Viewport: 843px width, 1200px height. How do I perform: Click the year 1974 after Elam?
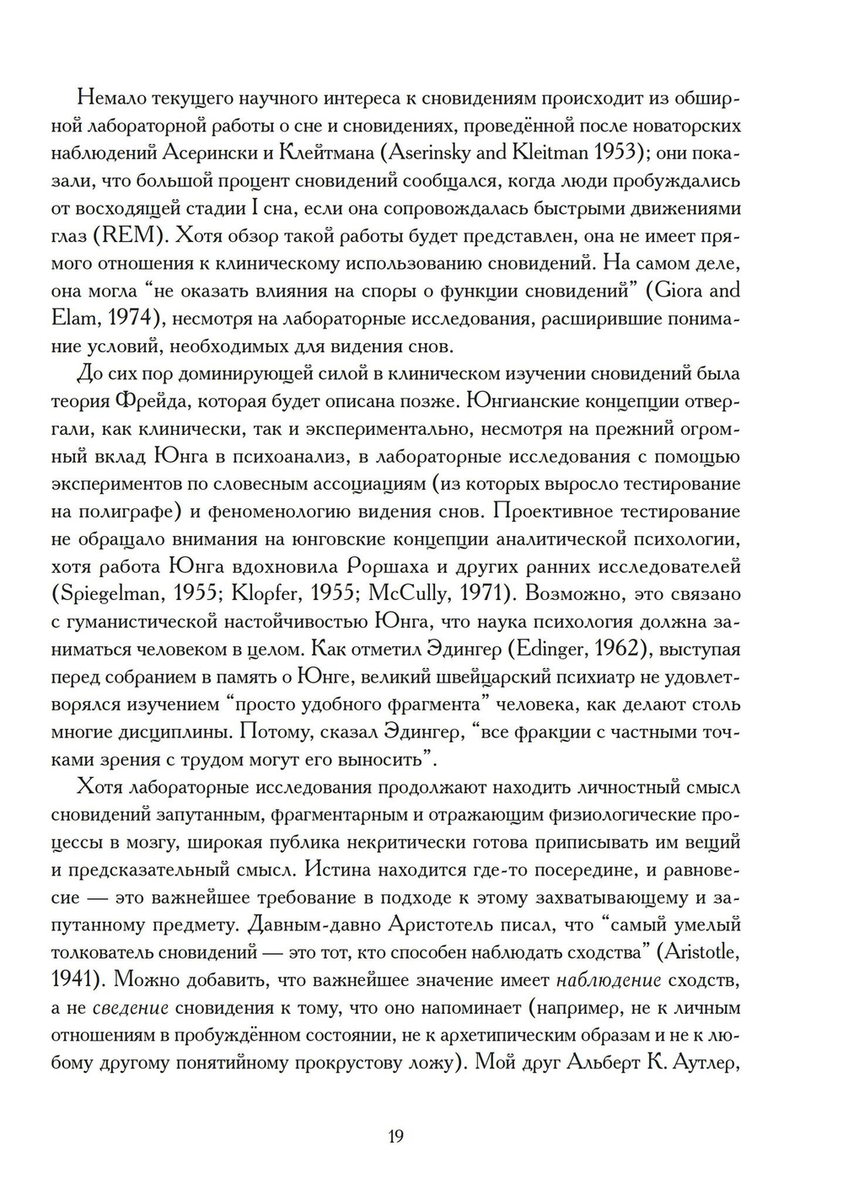[x=124, y=319]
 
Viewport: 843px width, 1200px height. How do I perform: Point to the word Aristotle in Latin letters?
[x=698, y=952]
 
